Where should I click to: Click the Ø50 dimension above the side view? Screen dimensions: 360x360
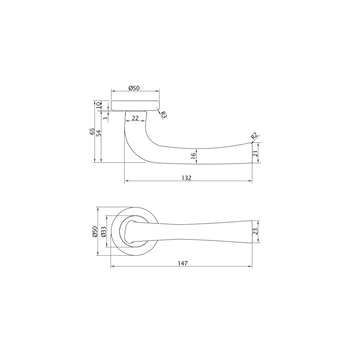click(x=134, y=88)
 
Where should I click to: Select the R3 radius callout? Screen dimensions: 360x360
click(x=163, y=115)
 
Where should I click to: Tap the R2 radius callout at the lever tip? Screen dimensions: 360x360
click(x=254, y=136)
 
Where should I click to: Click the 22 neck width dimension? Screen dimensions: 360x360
click(x=135, y=118)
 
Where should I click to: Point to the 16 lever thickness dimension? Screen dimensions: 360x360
click(x=193, y=156)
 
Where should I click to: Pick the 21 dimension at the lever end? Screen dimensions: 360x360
click(x=255, y=153)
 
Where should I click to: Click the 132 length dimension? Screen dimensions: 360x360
click(x=186, y=178)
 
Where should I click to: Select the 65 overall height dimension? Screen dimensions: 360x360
click(x=93, y=131)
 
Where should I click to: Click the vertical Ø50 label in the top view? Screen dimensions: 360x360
click(x=95, y=231)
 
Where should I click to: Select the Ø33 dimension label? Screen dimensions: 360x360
click(x=103, y=231)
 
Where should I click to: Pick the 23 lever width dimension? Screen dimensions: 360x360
click(x=256, y=232)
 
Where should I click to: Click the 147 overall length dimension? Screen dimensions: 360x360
click(x=183, y=263)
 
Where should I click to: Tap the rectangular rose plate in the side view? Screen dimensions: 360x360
click(x=135, y=105)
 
